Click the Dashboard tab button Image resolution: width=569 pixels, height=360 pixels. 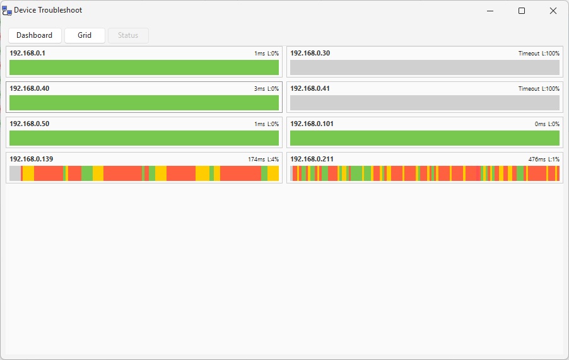[x=35, y=35]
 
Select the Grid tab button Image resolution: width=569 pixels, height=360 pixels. [x=85, y=35]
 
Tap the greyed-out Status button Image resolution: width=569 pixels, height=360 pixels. [x=128, y=35]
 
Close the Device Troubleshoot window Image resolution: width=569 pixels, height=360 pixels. [x=553, y=11]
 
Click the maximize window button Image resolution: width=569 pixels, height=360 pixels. [x=522, y=11]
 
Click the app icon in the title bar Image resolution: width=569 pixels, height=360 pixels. [x=7, y=11]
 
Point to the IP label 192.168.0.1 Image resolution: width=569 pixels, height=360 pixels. [x=27, y=53]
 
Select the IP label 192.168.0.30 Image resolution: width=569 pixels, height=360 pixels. [x=310, y=53]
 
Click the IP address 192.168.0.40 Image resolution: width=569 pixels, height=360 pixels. [x=29, y=88]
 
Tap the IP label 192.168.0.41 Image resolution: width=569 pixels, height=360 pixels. [x=310, y=88]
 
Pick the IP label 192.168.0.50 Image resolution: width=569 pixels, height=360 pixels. [x=29, y=124]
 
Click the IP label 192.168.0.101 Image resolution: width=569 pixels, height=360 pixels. [x=312, y=124]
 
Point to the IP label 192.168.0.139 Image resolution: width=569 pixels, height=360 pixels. [x=32, y=159]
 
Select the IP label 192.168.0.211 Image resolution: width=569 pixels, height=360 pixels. [x=312, y=159]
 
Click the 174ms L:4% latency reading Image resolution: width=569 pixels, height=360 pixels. [x=263, y=160]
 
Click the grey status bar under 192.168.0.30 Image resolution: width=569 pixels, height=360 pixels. [x=425, y=67]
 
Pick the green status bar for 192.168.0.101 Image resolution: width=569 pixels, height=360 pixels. [x=425, y=138]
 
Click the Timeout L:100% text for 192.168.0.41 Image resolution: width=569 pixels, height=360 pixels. [x=539, y=89]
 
